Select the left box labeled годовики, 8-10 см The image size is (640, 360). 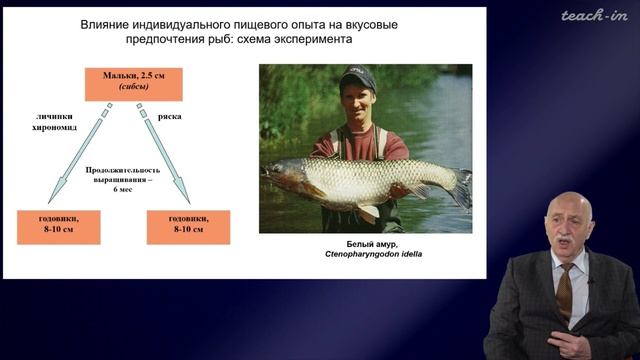(59, 226)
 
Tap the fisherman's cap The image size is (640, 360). (356, 77)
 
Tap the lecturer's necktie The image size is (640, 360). (565, 290)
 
